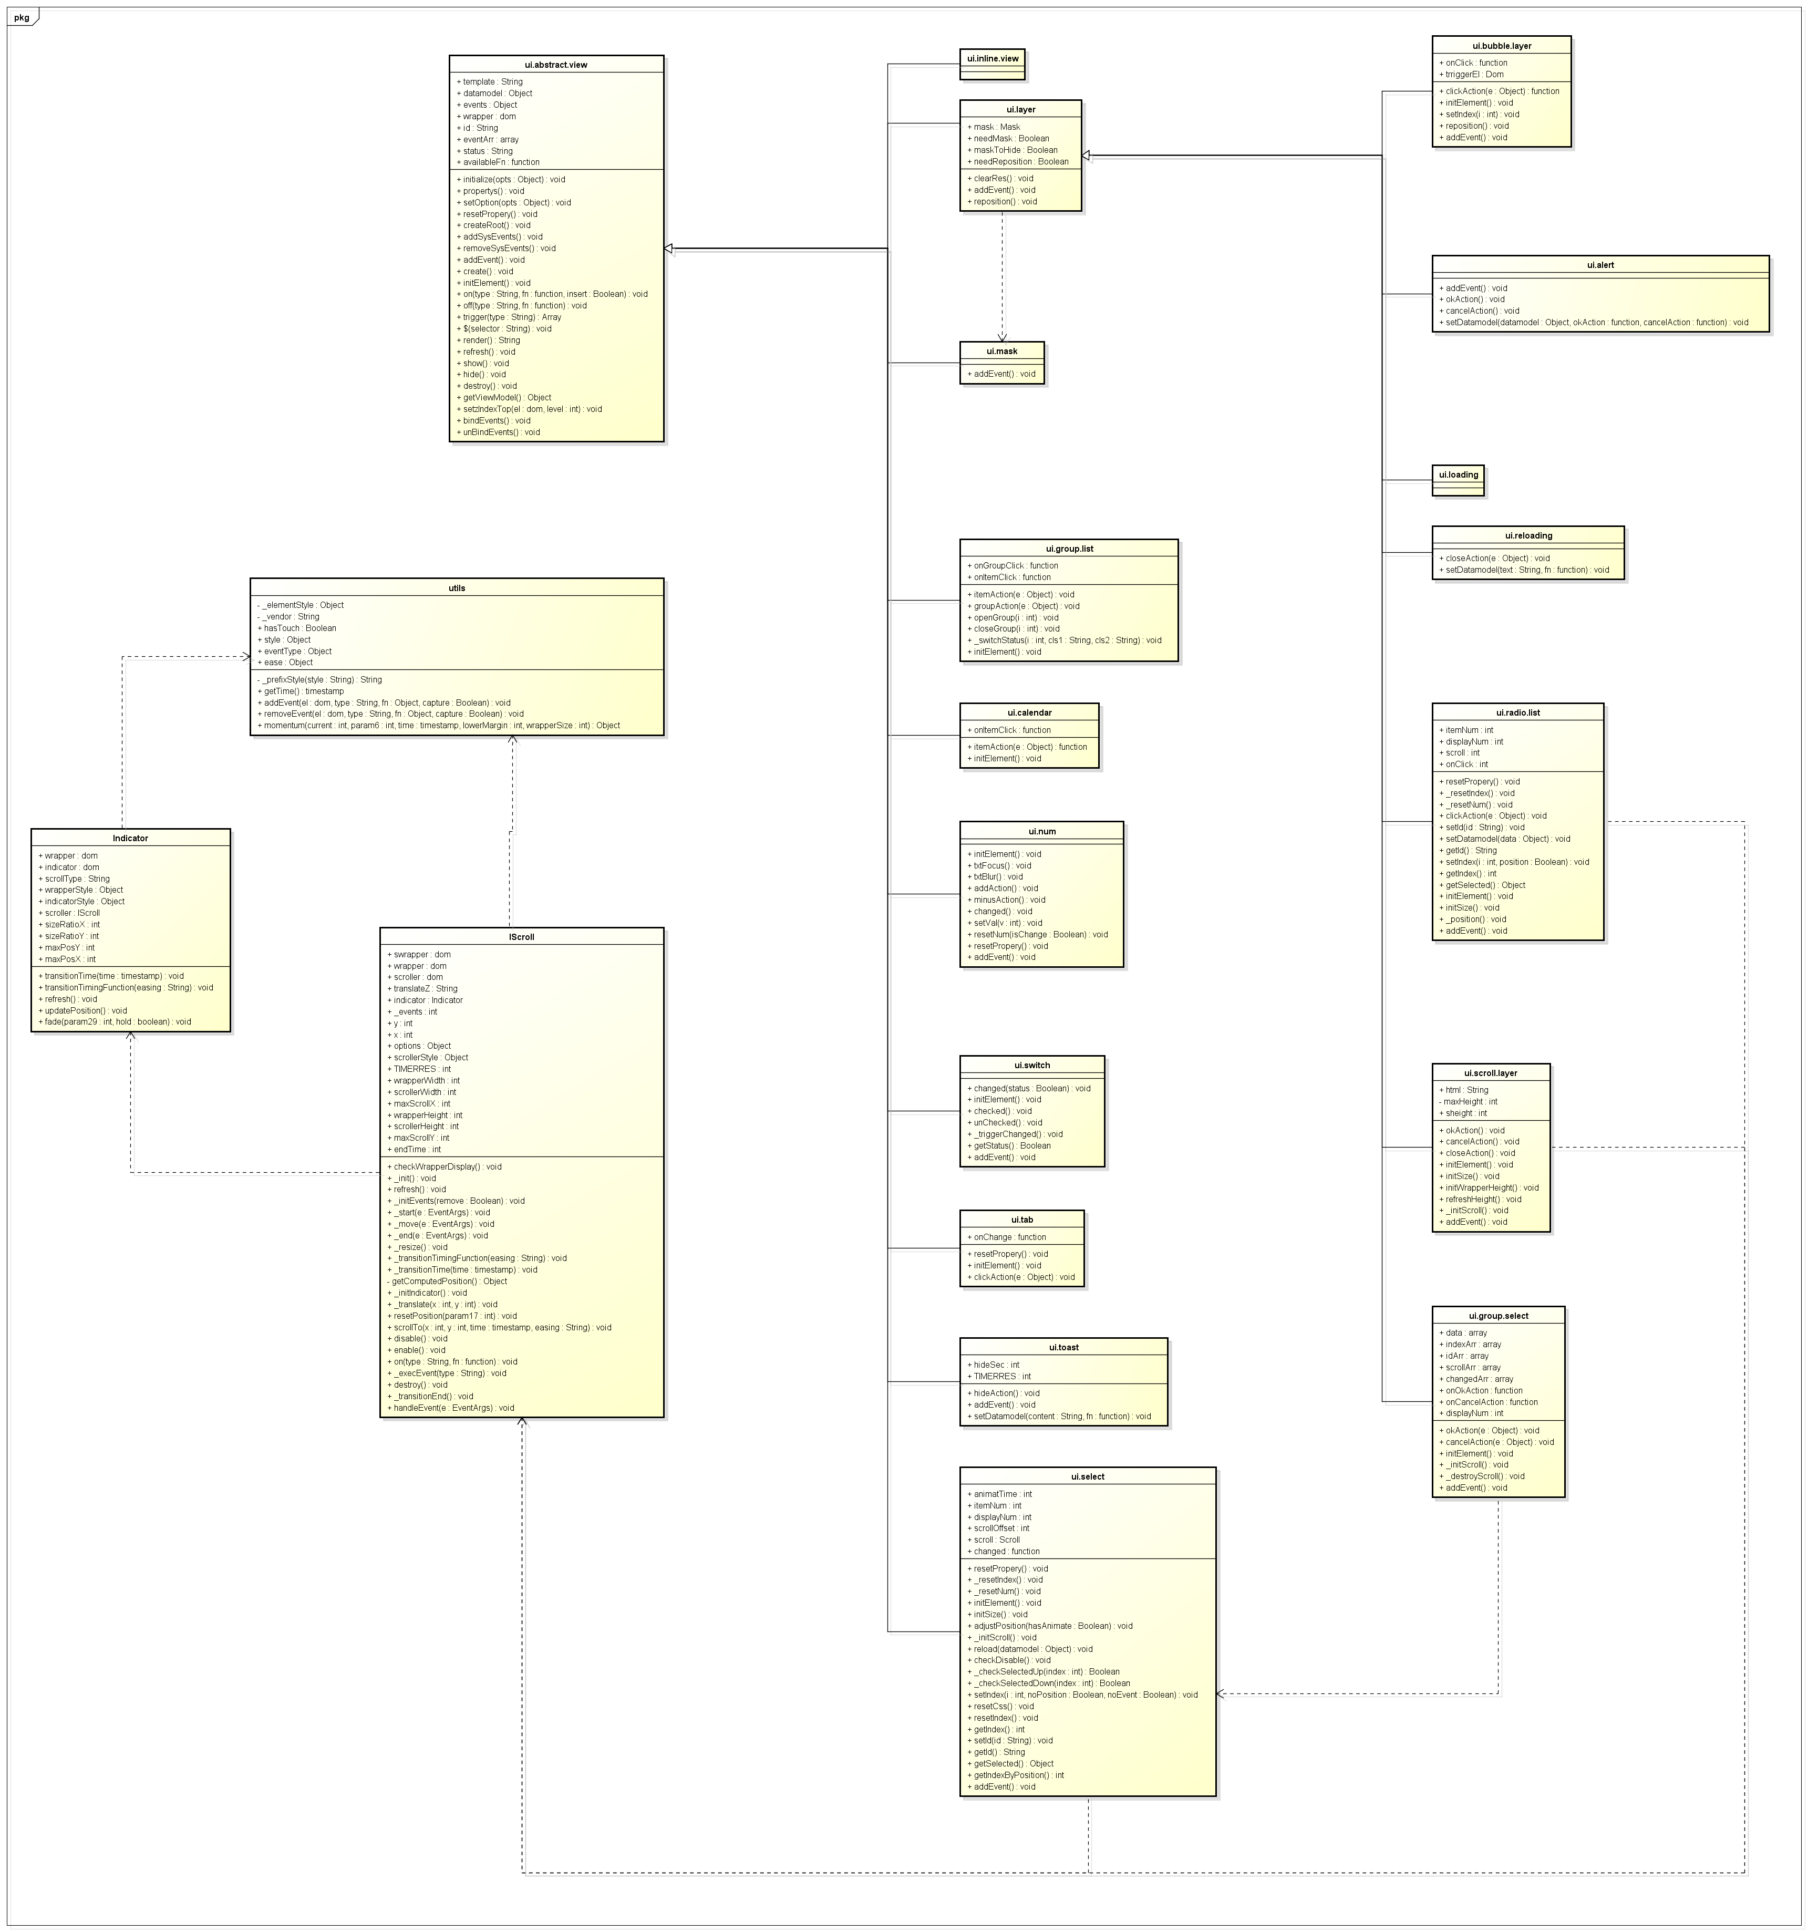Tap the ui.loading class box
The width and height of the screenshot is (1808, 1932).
point(1458,480)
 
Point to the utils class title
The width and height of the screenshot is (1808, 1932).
point(457,588)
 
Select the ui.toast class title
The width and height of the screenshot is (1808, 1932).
point(1063,1348)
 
